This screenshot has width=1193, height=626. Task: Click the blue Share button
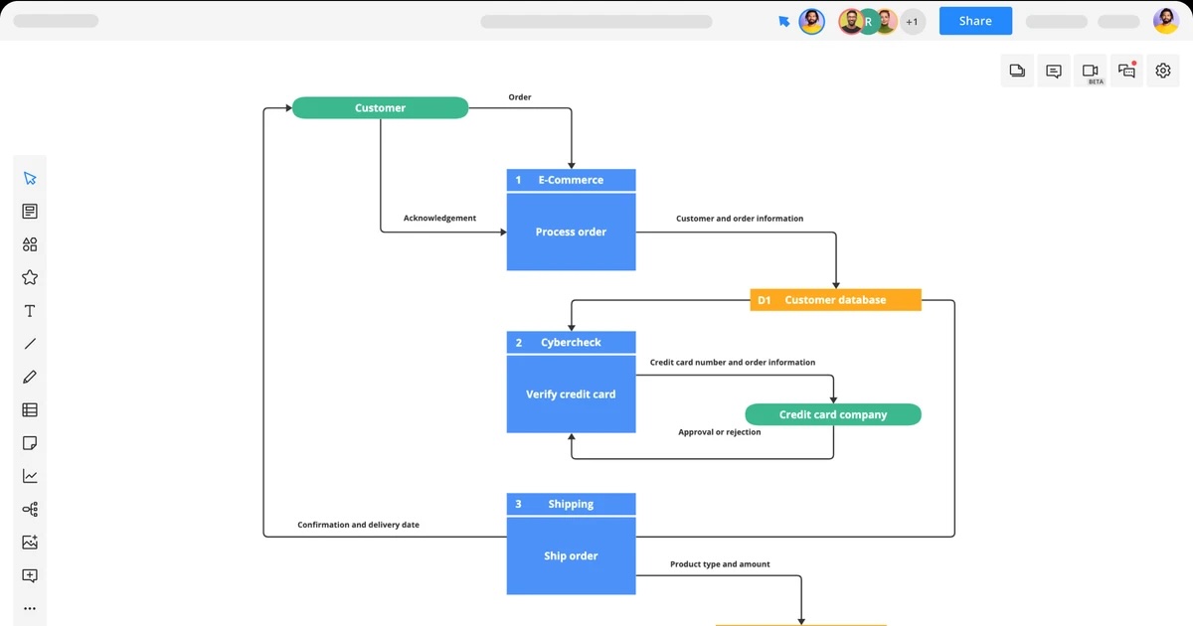[975, 21]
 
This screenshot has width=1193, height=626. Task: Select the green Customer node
[380, 107]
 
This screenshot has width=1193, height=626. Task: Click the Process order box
[571, 232]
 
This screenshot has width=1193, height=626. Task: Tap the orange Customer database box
[835, 299]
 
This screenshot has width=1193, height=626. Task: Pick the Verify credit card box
[571, 394]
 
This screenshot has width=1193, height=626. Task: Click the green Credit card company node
[833, 414]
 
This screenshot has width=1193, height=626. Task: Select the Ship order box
[571, 556]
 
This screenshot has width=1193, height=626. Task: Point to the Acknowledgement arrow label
[439, 218]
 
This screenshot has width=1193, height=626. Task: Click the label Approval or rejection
[720, 432]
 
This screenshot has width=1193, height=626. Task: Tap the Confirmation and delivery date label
[358, 525]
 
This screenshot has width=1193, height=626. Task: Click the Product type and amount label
[720, 564]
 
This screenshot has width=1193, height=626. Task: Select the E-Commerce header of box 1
[571, 180]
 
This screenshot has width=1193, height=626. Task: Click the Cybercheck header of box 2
[571, 343]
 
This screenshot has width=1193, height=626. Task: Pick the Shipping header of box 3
[571, 504]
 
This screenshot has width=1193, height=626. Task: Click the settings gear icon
[1163, 71]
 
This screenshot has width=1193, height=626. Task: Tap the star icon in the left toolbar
[30, 277]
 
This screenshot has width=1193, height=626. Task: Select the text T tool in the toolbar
[30, 311]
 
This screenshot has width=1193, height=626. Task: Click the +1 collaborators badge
[912, 21]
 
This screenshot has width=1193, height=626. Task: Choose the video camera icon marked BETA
[1091, 72]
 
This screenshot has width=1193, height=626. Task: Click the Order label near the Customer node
[520, 97]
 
